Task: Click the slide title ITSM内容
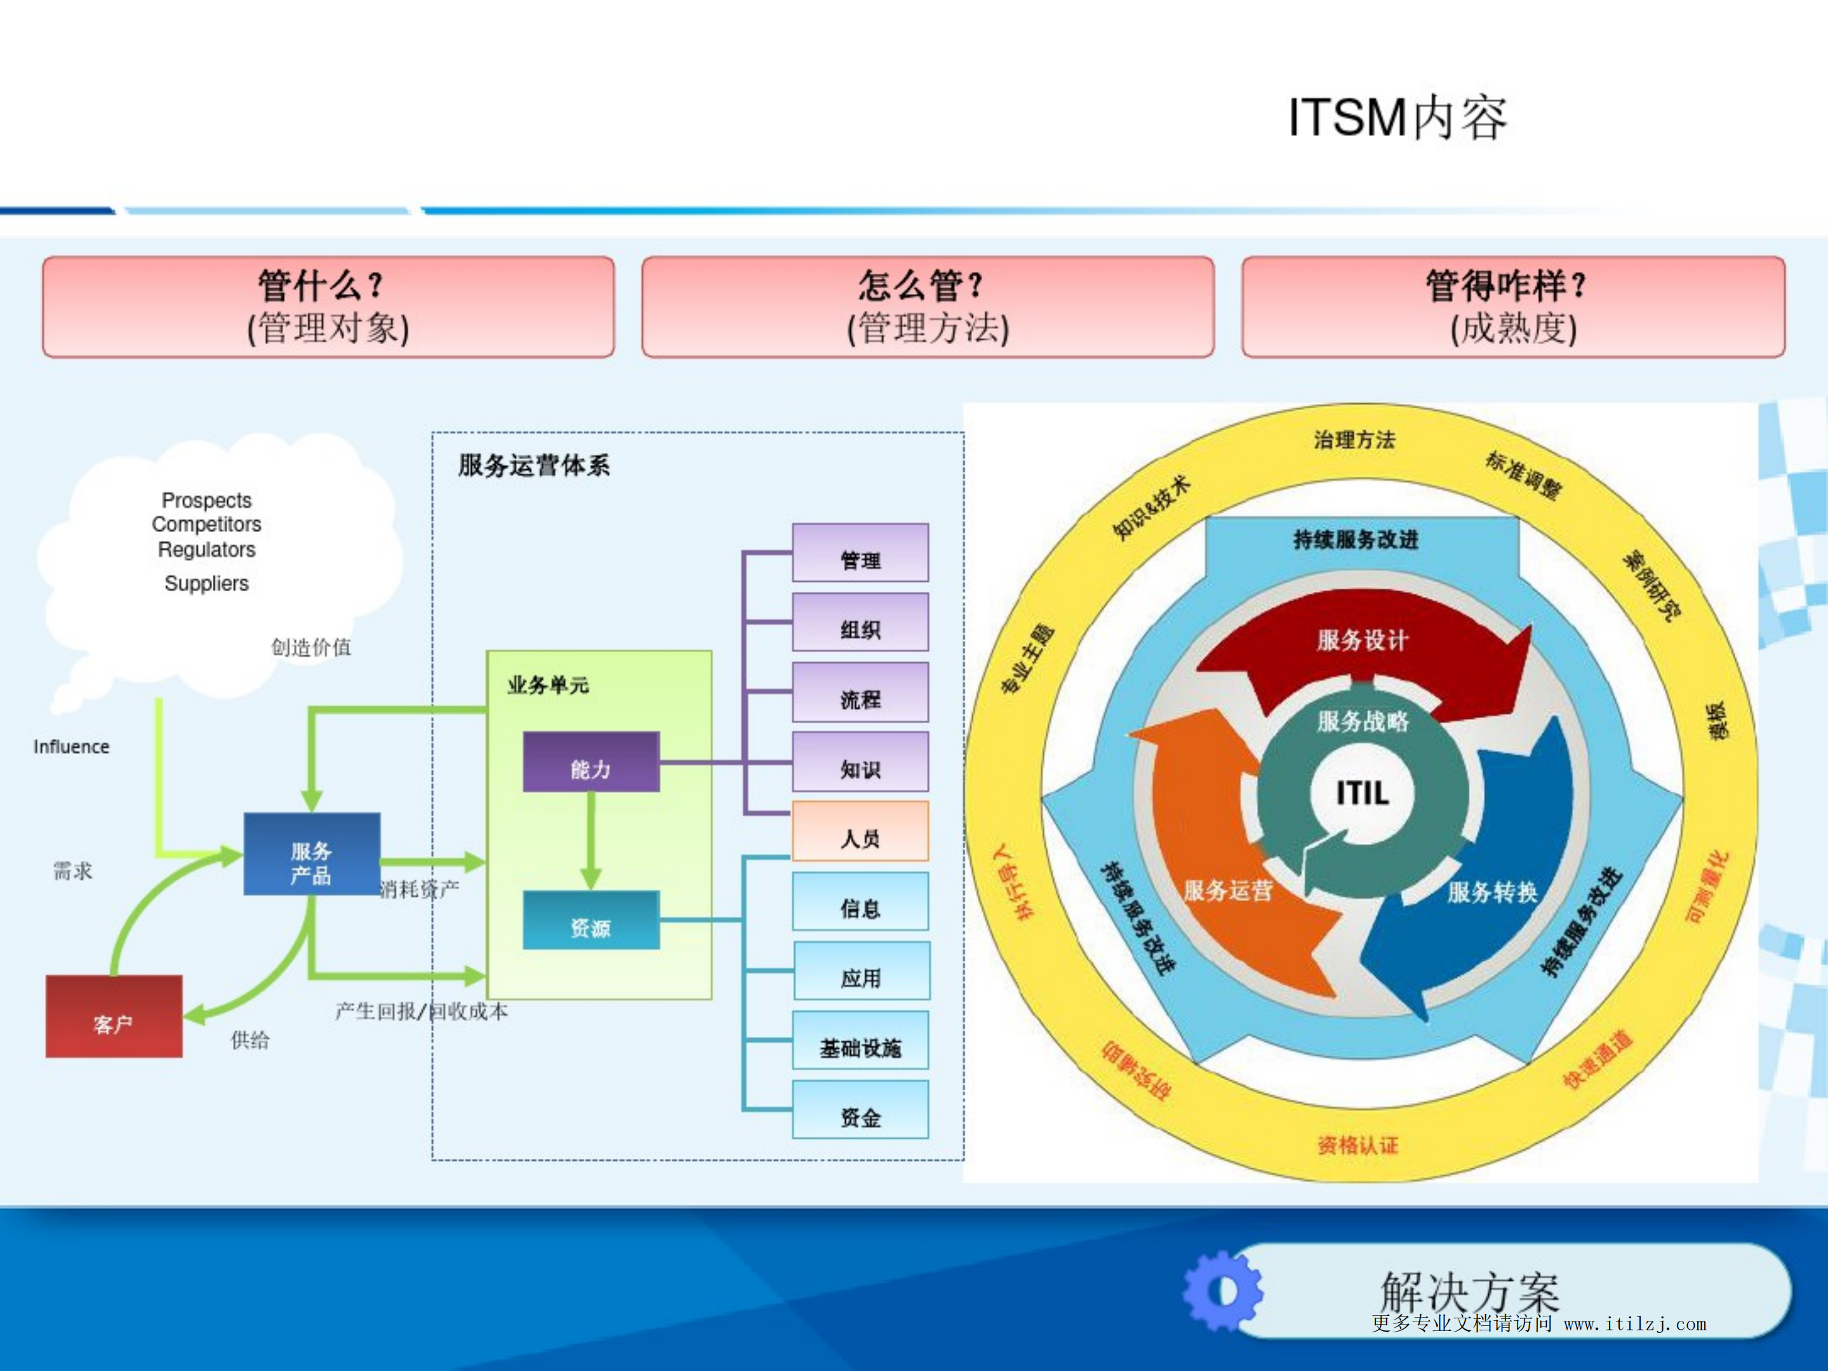click(x=1397, y=118)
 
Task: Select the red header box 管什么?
click(x=328, y=307)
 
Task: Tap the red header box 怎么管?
click(x=927, y=307)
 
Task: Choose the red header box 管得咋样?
click(x=1512, y=307)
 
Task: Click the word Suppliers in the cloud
click(x=206, y=584)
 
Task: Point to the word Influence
click(x=71, y=746)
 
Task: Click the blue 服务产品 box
click(x=312, y=853)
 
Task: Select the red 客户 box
click(x=114, y=1017)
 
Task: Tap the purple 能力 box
click(x=591, y=761)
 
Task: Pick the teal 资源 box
click(x=591, y=920)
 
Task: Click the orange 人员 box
click(x=860, y=831)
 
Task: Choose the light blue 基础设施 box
click(x=860, y=1040)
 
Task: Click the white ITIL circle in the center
click(x=1362, y=793)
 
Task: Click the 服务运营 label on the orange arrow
click(x=1228, y=890)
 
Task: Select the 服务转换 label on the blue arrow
click(x=1491, y=892)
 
